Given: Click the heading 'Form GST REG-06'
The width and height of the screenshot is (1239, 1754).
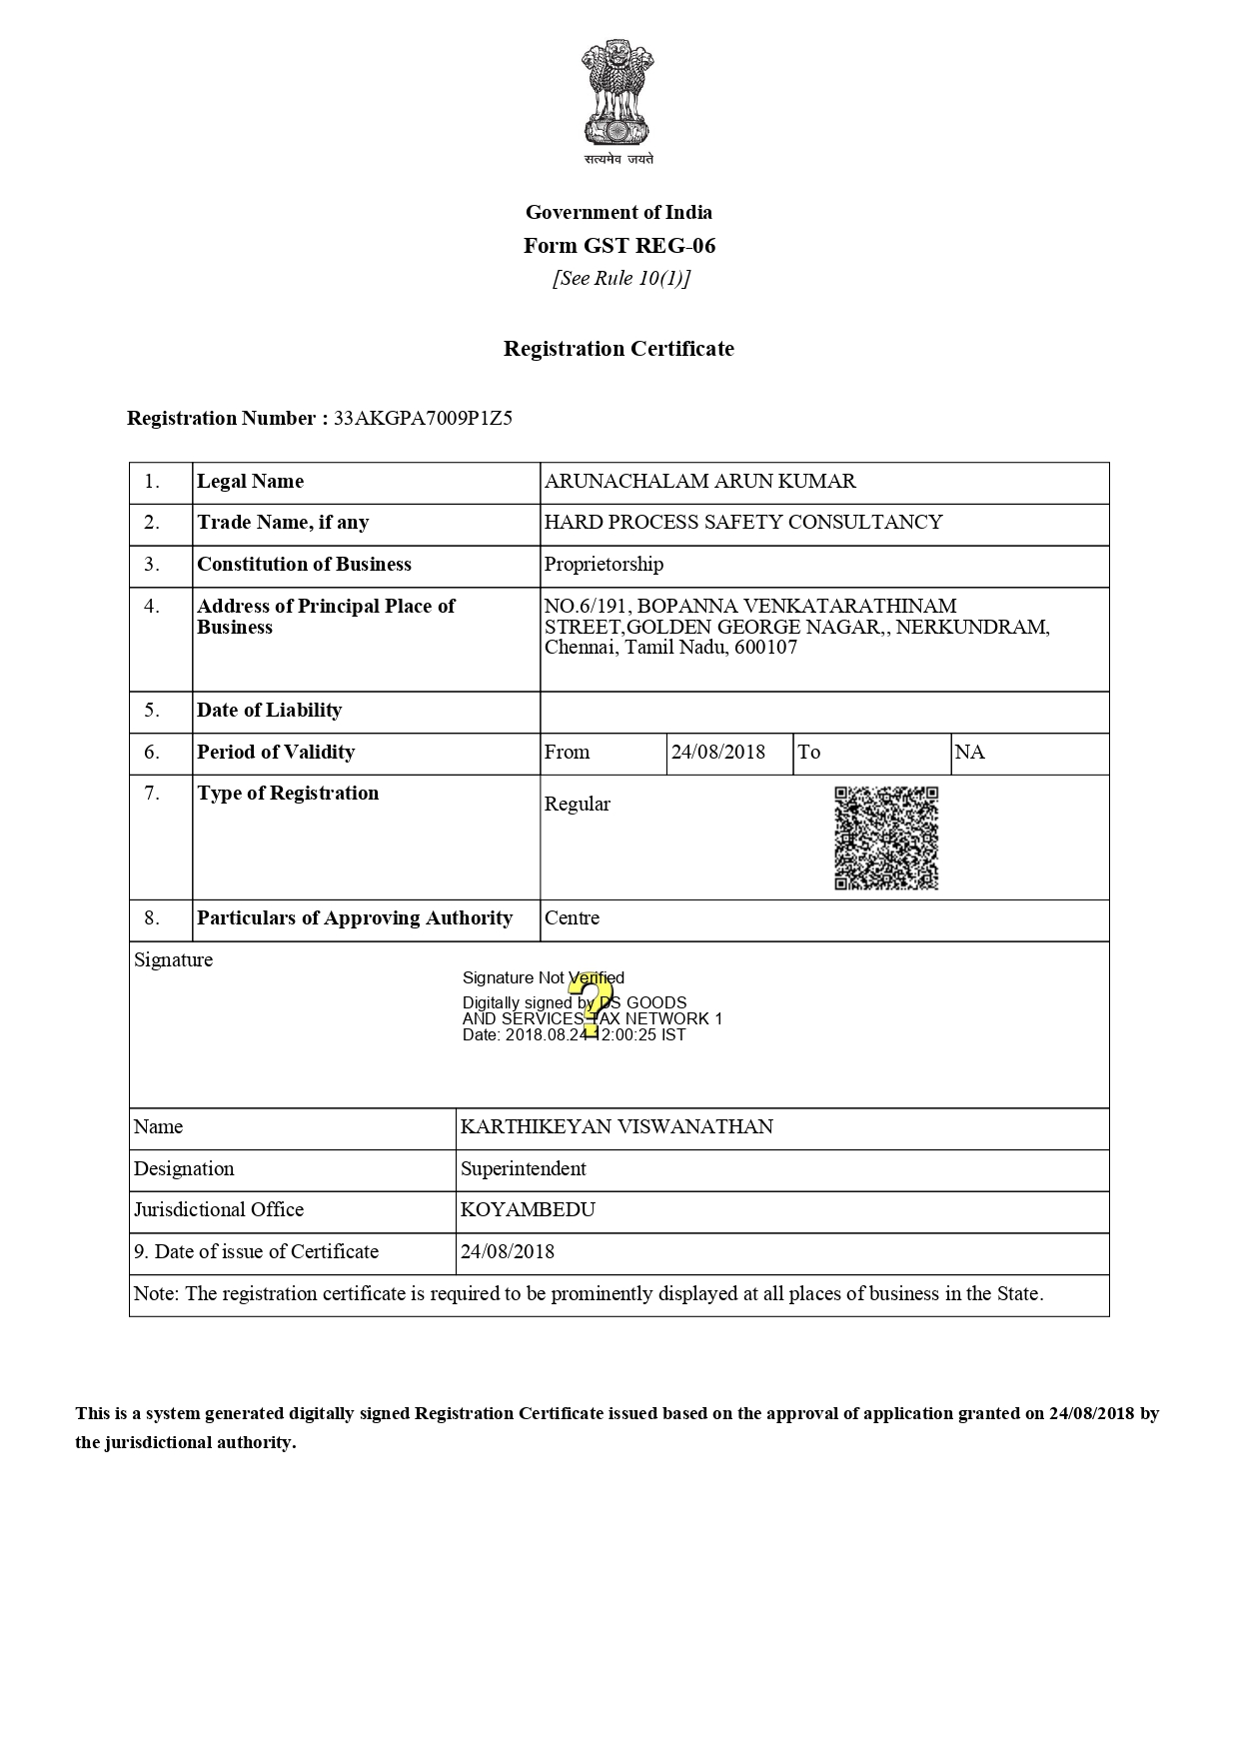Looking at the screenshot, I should (x=619, y=246).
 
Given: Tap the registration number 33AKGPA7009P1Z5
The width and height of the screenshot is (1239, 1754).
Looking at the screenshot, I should (x=423, y=419).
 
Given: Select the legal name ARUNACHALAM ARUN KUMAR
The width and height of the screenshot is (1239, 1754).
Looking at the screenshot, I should (x=699, y=482).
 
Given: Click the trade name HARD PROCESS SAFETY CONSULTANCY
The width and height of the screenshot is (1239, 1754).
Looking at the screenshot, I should (x=742, y=523).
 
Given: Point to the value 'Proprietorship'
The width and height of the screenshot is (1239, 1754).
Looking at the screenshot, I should (x=604, y=565).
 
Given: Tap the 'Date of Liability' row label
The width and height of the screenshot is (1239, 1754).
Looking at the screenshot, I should (x=270, y=711).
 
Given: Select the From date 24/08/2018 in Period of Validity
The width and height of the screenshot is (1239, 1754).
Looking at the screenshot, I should (x=717, y=753).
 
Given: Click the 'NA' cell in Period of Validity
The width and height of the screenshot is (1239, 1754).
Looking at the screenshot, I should (x=969, y=753).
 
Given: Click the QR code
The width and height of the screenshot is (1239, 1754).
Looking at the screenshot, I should (x=886, y=838).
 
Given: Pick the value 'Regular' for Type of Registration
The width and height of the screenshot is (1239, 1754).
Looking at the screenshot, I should (x=577, y=805).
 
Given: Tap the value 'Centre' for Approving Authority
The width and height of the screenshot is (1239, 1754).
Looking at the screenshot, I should (x=572, y=918).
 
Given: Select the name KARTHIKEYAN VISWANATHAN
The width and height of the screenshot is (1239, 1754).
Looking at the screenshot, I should (x=617, y=1127).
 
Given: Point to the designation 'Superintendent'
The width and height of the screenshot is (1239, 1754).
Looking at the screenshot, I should (x=523, y=1169).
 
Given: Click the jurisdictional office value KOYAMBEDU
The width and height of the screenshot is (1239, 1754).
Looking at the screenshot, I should (x=528, y=1210).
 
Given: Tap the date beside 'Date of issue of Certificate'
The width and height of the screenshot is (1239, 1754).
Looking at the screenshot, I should (x=507, y=1252).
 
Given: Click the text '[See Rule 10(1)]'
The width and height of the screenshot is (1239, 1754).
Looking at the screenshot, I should (x=621, y=279).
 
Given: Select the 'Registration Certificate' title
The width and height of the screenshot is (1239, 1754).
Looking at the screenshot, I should (x=619, y=349).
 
